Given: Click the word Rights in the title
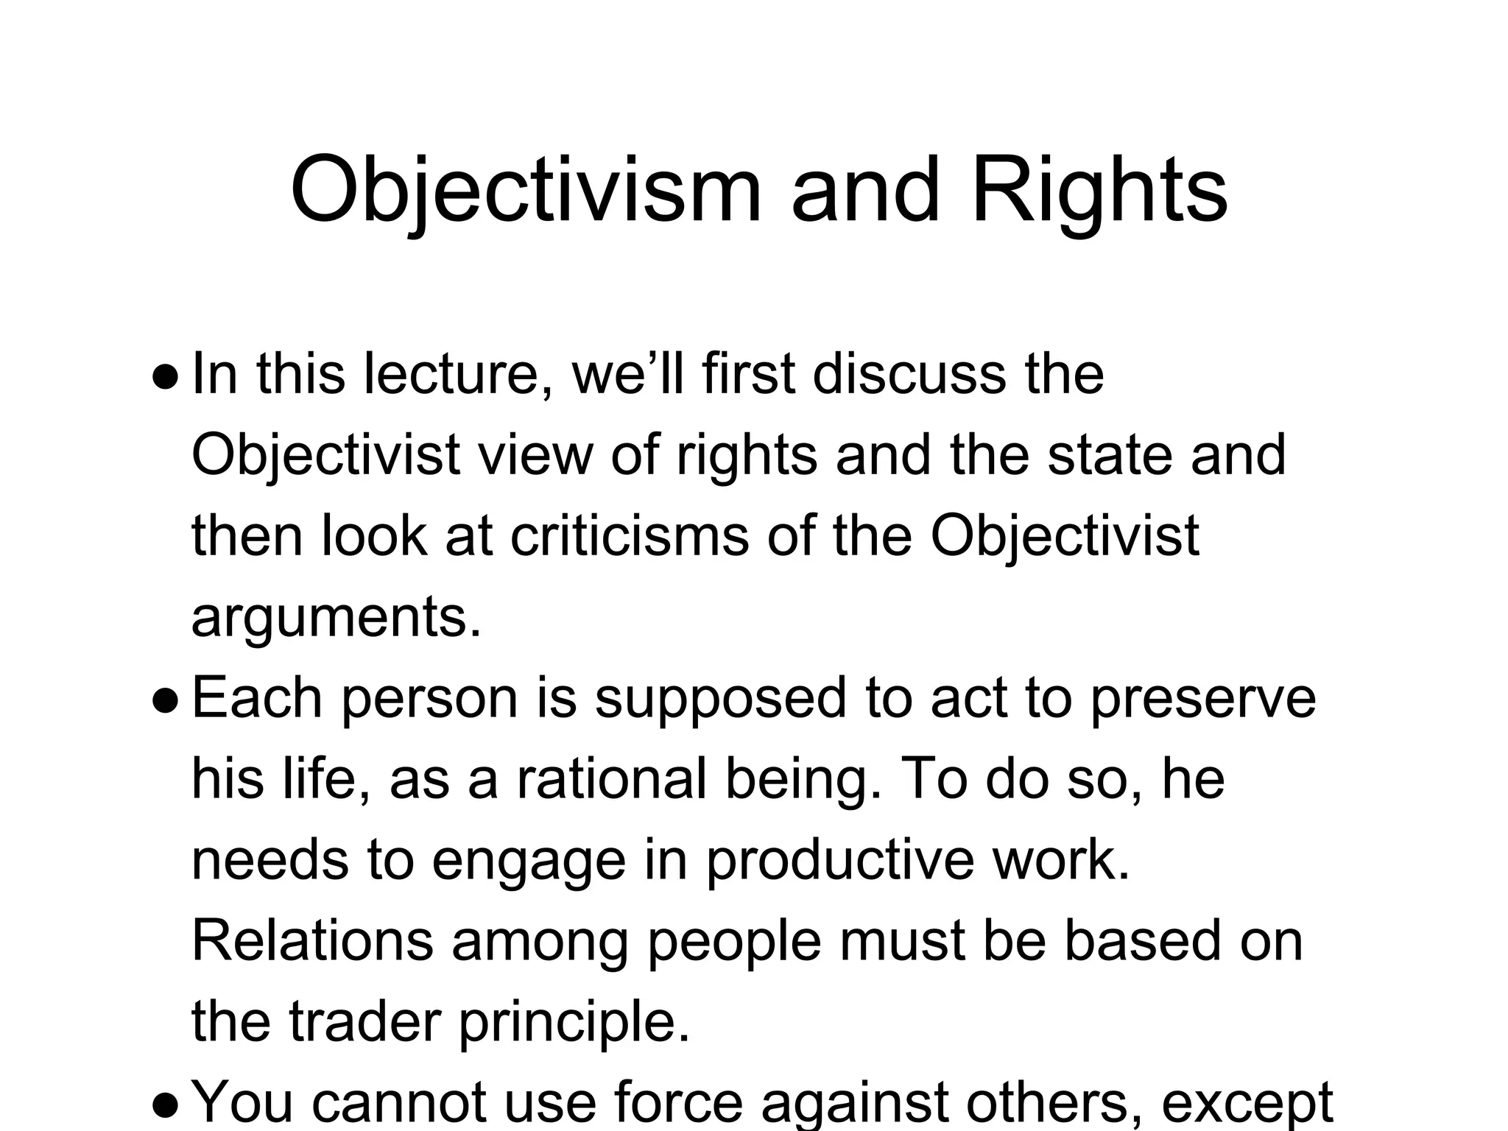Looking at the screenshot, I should [1099, 190].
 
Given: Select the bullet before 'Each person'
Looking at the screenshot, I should [165, 700].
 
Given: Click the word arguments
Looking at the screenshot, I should [335, 617].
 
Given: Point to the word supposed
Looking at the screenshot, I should [720, 698].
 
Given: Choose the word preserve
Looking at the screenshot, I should [1202, 698].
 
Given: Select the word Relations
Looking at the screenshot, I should [312, 940].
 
